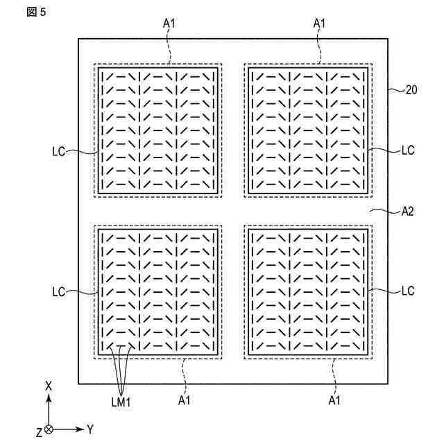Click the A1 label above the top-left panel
pyautogui.click(x=169, y=24)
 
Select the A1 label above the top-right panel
pyautogui.click(x=319, y=24)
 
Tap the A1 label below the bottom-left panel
pyautogui.click(x=185, y=400)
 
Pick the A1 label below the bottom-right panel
pyautogui.click(x=334, y=400)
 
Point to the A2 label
pyautogui.click(x=407, y=212)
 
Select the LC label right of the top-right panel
pyautogui.click(x=408, y=150)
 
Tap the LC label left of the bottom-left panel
pyautogui.click(x=58, y=292)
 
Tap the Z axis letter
pyautogui.click(x=40, y=433)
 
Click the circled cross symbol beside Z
pyautogui.click(x=49, y=430)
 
